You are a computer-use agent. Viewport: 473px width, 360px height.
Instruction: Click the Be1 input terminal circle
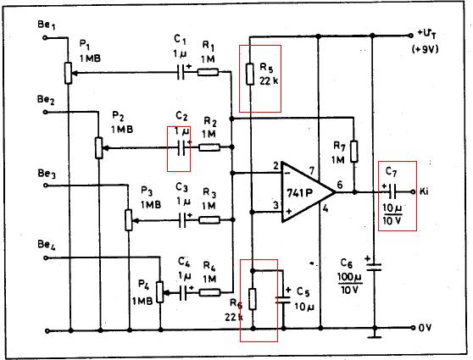pos(45,37)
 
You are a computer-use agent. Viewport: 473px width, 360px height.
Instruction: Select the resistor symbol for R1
pos(208,72)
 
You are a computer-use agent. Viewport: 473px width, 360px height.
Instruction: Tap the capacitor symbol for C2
pos(181,147)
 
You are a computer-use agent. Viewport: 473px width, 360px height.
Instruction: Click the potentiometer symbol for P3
pos(129,220)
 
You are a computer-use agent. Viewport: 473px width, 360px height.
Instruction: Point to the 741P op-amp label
pos(299,193)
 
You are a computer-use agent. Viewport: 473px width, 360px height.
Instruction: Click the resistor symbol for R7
pos(354,152)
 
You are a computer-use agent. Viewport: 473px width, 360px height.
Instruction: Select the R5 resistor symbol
pos(250,74)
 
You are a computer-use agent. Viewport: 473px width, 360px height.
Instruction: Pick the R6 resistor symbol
pos(253,299)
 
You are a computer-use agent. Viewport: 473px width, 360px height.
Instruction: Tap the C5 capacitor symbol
pos(283,300)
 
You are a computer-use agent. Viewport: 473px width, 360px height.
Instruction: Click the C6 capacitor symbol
pos(374,267)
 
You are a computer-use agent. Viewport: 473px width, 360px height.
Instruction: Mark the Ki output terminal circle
pos(413,191)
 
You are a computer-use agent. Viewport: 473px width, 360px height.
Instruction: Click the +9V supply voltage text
pos(425,49)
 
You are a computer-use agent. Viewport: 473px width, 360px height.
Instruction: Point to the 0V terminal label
pos(425,328)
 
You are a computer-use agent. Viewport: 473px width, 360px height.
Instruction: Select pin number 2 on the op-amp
pos(276,166)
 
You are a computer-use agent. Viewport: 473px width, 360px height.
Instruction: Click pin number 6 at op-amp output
pos(340,184)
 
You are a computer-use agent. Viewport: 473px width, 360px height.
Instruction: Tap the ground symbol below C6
pos(375,336)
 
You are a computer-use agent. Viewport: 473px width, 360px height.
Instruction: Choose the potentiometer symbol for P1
pos(69,73)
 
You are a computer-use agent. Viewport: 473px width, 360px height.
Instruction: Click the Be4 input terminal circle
pos(46,258)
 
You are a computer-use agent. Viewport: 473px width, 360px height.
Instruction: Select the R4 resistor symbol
pos(209,292)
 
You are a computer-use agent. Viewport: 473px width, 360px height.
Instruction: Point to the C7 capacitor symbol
pos(392,191)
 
